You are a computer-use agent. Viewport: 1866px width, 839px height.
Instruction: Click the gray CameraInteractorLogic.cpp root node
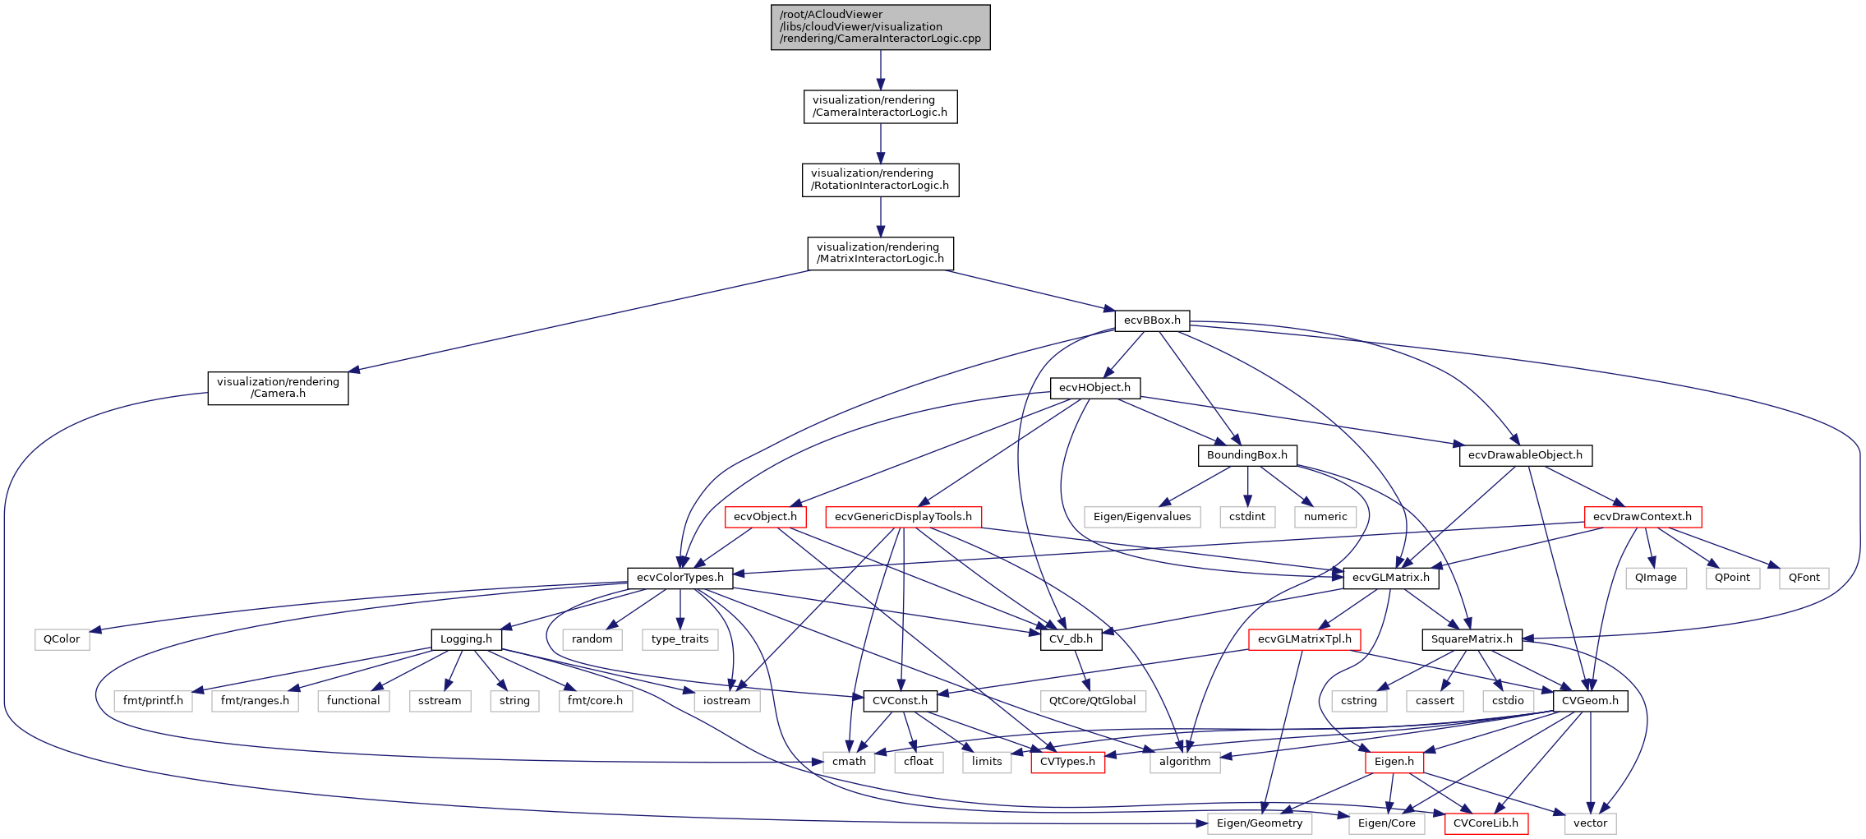(x=880, y=27)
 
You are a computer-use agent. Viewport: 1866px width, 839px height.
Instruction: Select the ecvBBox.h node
(x=1152, y=320)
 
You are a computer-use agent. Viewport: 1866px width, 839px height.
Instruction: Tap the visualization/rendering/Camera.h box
(x=278, y=388)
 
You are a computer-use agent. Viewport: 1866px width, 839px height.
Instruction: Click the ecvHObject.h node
(x=1094, y=388)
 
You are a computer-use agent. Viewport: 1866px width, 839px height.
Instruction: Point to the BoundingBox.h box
(x=1246, y=455)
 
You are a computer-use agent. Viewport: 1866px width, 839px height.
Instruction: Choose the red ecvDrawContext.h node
(x=1642, y=517)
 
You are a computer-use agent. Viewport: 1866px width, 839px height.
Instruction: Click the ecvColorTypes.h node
(x=680, y=578)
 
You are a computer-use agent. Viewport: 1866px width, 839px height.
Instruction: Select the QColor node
(x=62, y=639)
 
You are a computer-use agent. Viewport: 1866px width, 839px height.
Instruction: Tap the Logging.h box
(x=466, y=639)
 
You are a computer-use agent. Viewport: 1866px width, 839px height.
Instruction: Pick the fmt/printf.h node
(x=153, y=701)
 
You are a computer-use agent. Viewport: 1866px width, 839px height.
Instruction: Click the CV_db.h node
(x=1071, y=639)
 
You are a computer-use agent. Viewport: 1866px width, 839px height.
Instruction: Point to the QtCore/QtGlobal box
(x=1092, y=701)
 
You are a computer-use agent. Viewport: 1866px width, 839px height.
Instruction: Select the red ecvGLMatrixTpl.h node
(x=1304, y=639)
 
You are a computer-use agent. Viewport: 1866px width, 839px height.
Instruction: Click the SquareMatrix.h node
(x=1471, y=639)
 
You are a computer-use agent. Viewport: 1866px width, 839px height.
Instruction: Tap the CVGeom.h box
(x=1589, y=701)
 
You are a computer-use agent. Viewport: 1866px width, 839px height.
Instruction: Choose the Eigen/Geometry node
(x=1259, y=823)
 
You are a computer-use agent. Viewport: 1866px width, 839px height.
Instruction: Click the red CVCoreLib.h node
(x=1486, y=823)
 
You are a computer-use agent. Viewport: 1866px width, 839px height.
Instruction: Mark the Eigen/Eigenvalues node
(x=1141, y=517)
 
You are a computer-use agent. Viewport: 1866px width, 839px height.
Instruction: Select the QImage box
(x=1655, y=578)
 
